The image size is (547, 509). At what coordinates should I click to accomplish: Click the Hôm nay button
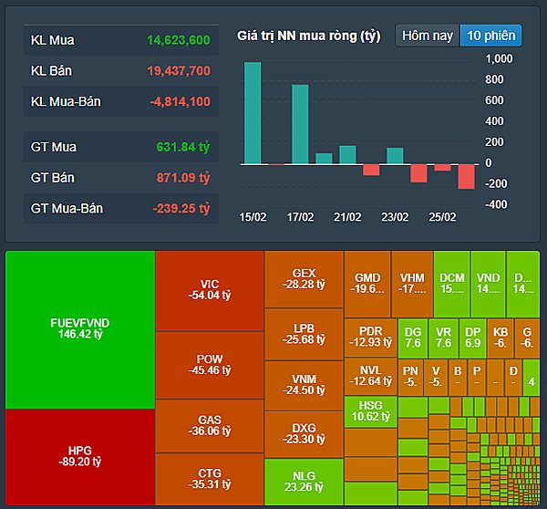click(428, 36)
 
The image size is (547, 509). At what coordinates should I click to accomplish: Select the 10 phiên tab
click(490, 36)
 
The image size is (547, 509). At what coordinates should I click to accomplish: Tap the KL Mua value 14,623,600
click(178, 40)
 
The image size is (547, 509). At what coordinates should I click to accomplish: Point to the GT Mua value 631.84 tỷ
click(183, 147)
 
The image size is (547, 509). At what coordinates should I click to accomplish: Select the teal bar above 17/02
click(300, 124)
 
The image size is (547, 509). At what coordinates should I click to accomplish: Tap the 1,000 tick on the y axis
click(500, 58)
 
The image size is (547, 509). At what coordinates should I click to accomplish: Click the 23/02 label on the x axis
click(395, 217)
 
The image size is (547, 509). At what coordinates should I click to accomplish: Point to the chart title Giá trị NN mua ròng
click(308, 36)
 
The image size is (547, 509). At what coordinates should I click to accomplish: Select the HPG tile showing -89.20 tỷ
click(79, 456)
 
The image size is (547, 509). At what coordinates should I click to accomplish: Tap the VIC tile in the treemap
click(209, 289)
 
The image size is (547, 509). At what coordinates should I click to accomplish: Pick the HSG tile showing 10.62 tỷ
click(371, 410)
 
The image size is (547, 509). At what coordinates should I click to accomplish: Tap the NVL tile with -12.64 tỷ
click(370, 375)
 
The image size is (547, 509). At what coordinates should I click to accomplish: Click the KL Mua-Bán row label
click(66, 101)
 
